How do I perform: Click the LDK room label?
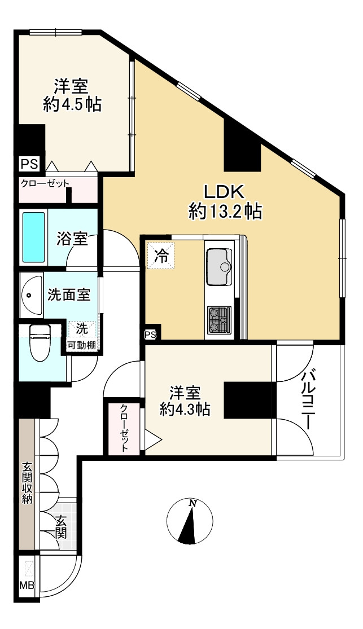point(224,192)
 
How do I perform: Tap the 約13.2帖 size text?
point(225,212)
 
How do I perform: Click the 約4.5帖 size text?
point(72,104)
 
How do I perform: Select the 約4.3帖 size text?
point(185,410)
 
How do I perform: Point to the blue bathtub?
point(33,237)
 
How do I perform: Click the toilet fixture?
point(40,342)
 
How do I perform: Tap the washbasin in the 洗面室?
point(31,295)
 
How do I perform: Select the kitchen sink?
point(219,267)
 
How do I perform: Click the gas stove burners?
point(219,320)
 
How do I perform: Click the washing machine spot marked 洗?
point(82,329)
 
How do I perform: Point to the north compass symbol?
point(190,521)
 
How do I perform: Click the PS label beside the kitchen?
point(151,335)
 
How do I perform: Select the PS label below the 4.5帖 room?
point(29,164)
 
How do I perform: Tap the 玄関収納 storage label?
point(27,483)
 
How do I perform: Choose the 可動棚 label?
point(81,345)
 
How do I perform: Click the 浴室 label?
point(72,239)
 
